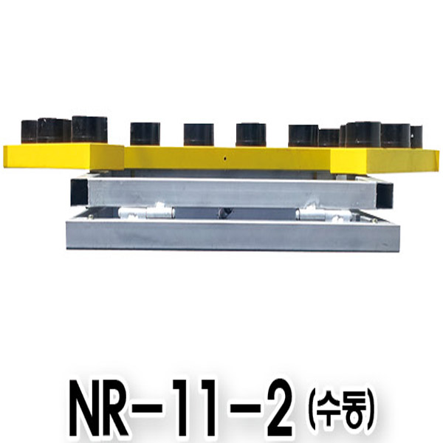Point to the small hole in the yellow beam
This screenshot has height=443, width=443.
point(225,159)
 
